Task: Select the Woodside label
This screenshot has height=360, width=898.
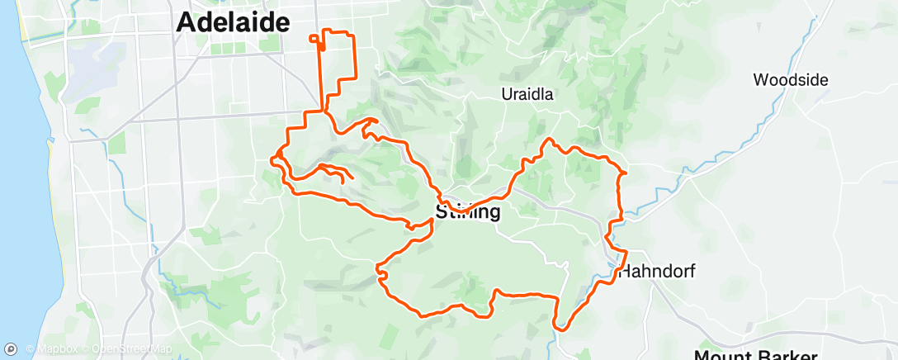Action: [x=791, y=80]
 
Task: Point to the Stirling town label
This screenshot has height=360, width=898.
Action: [x=468, y=212]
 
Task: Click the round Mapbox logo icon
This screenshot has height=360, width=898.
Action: [x=12, y=349]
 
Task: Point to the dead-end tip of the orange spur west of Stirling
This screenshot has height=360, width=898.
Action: [x=353, y=178]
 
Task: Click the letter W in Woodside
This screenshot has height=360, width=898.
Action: [x=761, y=80]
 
